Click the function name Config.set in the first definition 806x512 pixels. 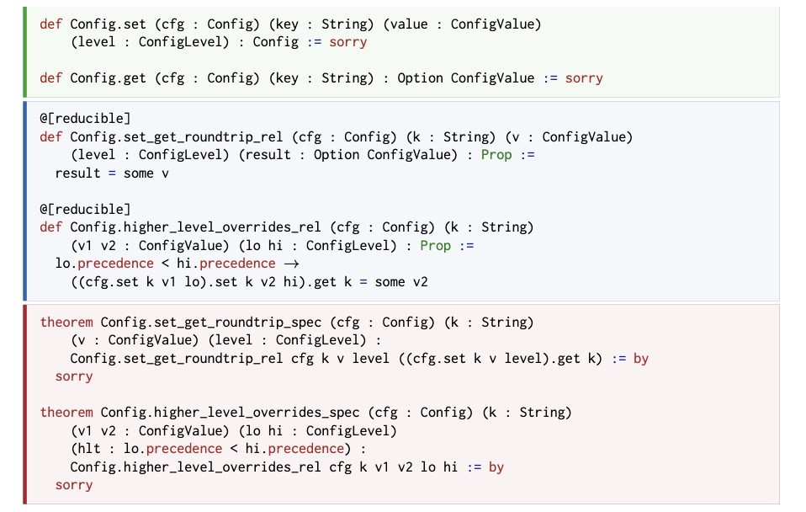108,24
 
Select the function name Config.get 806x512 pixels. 108,78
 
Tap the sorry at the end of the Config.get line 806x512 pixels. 584,78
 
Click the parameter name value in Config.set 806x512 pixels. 409,24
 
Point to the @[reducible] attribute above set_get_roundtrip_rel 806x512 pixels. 85,119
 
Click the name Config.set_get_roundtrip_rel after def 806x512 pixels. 177,137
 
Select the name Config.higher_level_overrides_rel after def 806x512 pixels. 195,227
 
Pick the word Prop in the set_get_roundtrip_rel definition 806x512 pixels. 496,155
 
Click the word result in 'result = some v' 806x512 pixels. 77,173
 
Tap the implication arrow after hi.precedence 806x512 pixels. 291,264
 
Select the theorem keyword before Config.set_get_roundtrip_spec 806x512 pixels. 66,323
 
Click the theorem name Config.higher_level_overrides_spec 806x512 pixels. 230,413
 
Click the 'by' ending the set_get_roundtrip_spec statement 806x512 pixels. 641,359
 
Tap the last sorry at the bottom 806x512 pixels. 74,485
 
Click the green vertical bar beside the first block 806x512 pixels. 24,52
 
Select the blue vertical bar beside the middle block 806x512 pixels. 24,201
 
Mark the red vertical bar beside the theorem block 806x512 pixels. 24,404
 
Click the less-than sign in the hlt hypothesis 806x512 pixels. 234,449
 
